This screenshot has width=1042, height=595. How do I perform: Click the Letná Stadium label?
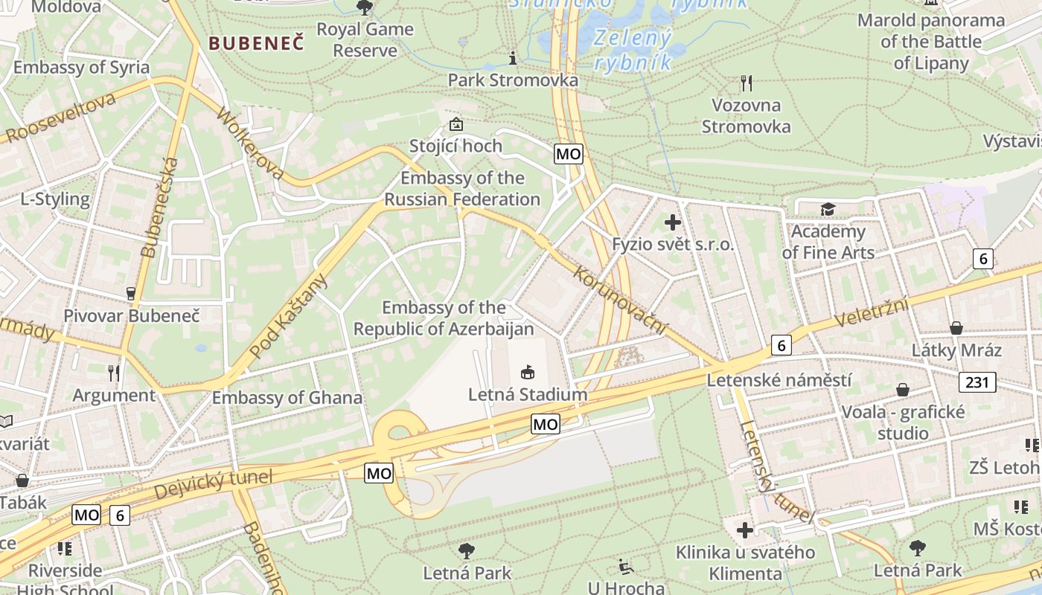527,394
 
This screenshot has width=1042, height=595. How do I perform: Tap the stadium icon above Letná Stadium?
527,371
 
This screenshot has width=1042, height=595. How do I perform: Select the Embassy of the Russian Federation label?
462,189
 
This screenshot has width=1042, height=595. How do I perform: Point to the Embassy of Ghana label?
287,398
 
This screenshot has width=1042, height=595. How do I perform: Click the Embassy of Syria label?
81,68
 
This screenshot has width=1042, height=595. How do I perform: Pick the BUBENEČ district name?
256,43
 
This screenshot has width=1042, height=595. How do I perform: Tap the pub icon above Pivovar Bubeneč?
131,293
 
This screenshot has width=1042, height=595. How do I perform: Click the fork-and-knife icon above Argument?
114,372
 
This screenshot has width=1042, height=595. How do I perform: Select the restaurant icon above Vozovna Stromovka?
747,83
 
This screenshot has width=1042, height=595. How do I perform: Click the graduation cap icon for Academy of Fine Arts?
828,210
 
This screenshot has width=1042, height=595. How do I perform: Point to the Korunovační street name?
621,300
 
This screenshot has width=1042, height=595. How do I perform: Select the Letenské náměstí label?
779,381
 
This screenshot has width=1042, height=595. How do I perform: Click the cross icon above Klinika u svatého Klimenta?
745,530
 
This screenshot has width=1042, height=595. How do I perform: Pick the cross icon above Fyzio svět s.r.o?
673,222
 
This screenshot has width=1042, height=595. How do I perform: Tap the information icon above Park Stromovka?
512,58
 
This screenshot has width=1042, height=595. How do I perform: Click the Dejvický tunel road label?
214,484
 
